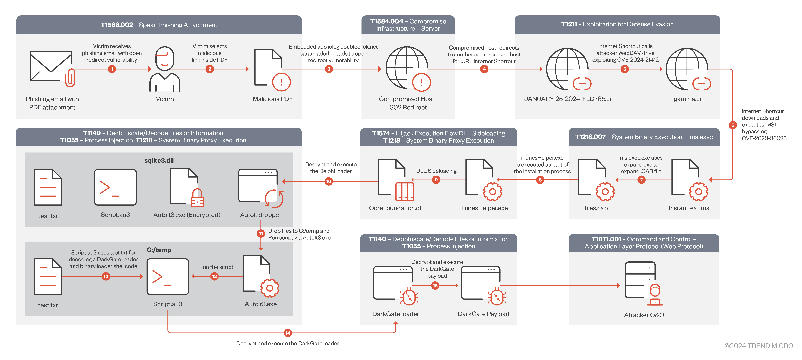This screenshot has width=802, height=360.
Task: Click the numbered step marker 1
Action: click(x=112, y=69)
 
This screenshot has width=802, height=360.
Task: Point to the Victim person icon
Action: click(x=165, y=69)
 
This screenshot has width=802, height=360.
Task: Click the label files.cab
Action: click(x=596, y=208)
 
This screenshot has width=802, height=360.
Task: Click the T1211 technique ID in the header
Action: click(x=569, y=24)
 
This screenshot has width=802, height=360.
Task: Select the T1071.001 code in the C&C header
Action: click(x=606, y=239)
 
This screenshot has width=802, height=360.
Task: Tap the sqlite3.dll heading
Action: click(x=159, y=160)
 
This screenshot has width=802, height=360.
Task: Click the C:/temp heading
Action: click(x=159, y=250)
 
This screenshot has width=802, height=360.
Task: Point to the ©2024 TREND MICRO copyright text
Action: click(x=758, y=346)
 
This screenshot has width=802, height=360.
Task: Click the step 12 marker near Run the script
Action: click(x=214, y=276)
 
